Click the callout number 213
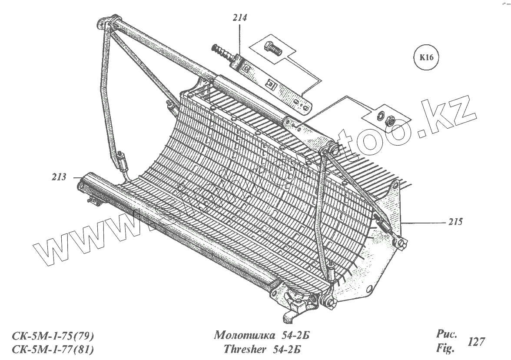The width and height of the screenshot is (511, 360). (59, 177)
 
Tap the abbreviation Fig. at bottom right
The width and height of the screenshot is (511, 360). (445, 348)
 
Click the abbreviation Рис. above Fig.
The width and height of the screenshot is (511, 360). (445, 335)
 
